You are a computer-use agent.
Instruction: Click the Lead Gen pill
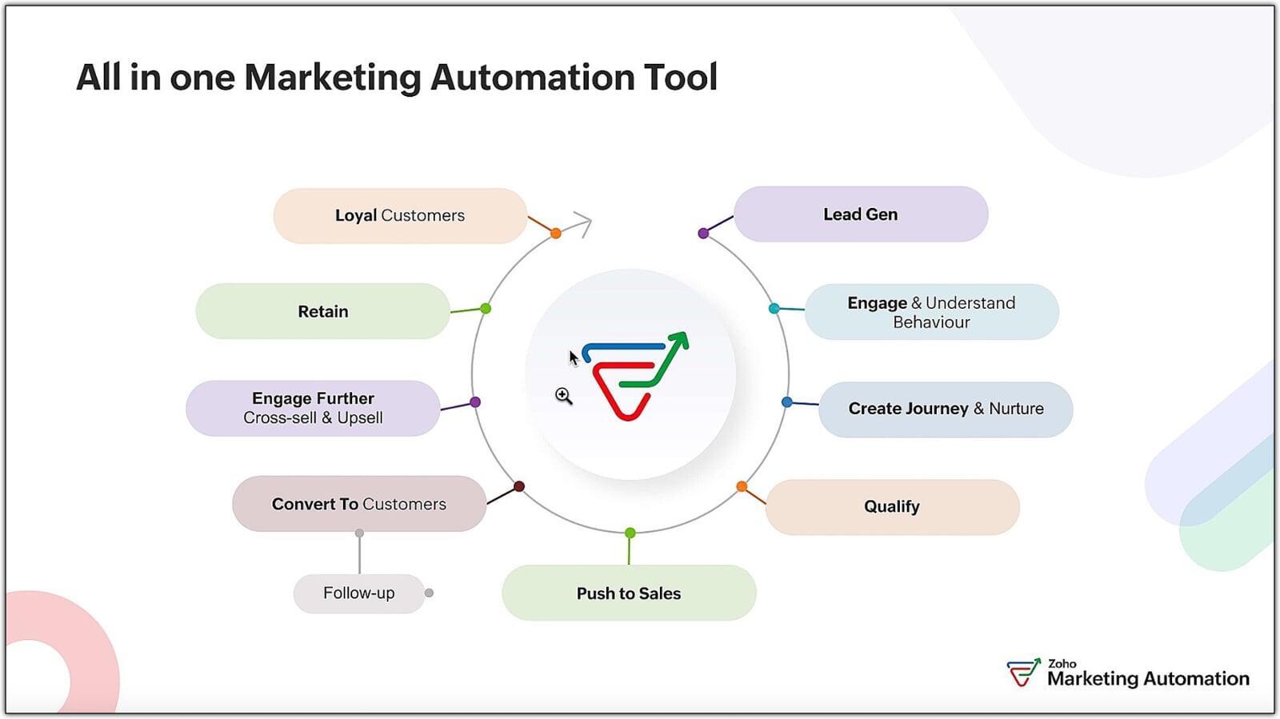[861, 214]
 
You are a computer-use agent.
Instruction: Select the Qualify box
[892, 507]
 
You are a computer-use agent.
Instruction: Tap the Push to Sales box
[629, 593]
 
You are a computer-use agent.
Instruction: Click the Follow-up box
[358, 593]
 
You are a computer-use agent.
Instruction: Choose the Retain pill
[323, 311]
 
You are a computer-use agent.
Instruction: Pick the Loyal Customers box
[400, 216]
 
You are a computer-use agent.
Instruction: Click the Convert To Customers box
[358, 504]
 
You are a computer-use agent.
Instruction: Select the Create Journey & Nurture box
[946, 409]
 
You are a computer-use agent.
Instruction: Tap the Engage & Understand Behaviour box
[931, 312]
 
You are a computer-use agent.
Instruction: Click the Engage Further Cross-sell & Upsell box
[313, 408]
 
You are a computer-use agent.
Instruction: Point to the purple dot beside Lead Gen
[703, 234]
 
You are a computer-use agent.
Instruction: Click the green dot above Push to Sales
[630, 533]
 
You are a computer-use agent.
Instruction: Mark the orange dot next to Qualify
[742, 486]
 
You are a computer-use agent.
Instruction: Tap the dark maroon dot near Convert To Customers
[519, 486]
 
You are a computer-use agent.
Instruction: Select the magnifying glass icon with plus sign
[563, 396]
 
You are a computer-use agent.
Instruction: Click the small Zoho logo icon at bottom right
[1023, 673]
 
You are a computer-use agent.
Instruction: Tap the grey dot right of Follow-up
[430, 593]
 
